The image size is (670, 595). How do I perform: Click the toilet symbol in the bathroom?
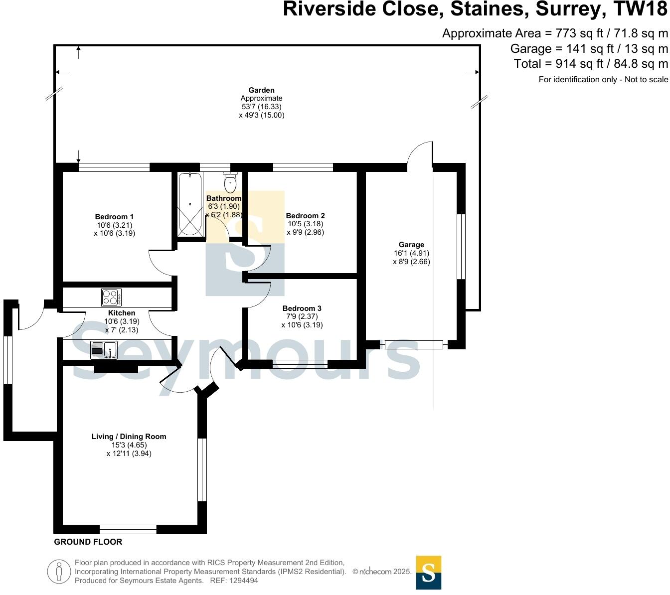(230, 182)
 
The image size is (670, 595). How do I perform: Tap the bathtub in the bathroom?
(190, 204)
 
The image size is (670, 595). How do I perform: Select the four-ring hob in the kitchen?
(111, 297)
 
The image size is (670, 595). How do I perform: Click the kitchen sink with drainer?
(104, 350)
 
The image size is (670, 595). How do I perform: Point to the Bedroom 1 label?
(114, 217)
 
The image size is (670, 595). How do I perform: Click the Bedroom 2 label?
(305, 216)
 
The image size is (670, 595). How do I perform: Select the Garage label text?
(411, 245)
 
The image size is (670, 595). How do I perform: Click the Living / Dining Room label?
(129, 437)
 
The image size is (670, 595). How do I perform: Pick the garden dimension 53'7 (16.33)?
(261, 107)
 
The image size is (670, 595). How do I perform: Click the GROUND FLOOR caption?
(88, 542)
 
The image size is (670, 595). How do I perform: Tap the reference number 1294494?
(241, 581)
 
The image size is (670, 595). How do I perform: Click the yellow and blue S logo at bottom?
(428, 573)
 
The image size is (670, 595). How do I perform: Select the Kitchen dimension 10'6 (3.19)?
(122, 321)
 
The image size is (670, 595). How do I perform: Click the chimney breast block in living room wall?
(116, 368)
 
